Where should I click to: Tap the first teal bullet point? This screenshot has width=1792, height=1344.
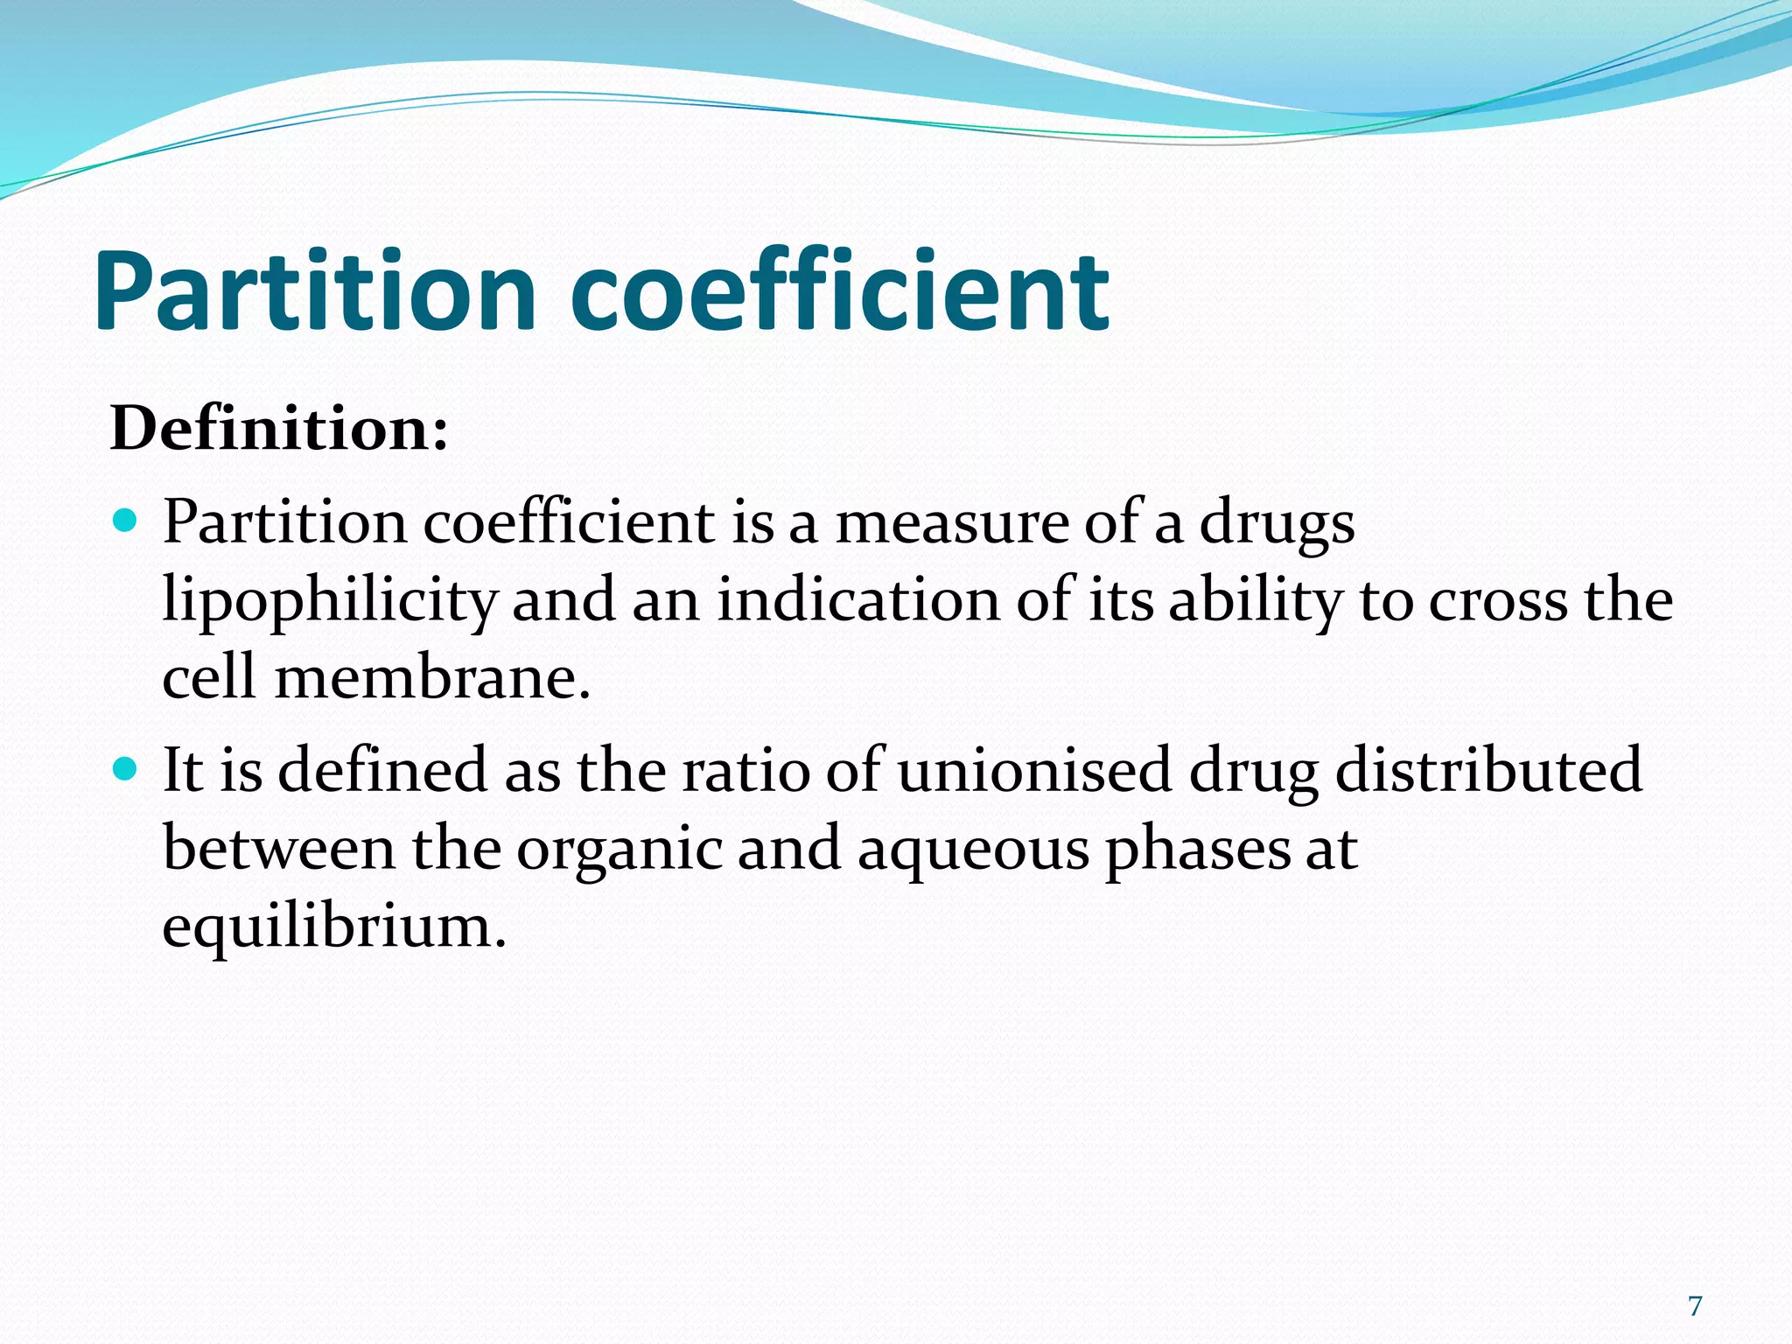tap(126, 522)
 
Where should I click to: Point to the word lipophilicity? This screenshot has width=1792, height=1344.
tap(330, 602)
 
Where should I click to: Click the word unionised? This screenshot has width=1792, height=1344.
tap(1034, 770)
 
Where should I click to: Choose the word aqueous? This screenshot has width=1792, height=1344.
tap(973, 849)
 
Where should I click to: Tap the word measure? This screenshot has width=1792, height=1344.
tap(952, 523)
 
